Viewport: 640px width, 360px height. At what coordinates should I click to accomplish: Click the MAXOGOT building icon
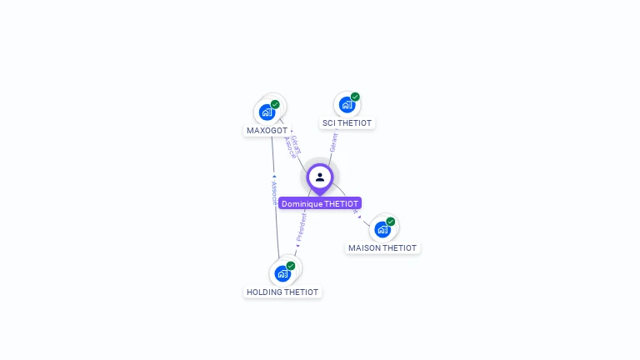(x=267, y=112)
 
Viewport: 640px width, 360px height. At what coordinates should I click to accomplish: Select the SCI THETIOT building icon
(x=347, y=105)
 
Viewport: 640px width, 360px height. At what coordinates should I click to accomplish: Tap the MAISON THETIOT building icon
(x=382, y=229)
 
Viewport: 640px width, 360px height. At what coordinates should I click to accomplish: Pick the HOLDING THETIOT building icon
(x=282, y=273)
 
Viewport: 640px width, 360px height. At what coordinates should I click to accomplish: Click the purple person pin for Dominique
(x=320, y=177)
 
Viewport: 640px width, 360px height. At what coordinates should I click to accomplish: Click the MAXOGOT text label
(x=267, y=131)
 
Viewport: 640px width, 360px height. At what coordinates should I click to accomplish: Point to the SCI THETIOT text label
(x=347, y=123)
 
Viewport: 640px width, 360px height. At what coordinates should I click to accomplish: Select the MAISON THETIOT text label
(x=382, y=248)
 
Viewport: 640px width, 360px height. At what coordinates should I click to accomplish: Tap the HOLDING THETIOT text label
(x=282, y=292)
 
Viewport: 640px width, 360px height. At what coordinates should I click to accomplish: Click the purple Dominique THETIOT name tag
(x=320, y=203)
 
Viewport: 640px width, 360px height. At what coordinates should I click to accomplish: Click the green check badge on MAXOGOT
(x=275, y=104)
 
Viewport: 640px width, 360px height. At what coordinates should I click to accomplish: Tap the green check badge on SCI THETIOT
(x=355, y=97)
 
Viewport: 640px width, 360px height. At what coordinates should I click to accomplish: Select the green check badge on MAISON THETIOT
(x=391, y=222)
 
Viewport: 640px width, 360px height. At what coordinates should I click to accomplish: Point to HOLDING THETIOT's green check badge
(x=291, y=266)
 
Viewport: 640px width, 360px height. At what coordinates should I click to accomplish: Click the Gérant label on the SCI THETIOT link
(x=333, y=142)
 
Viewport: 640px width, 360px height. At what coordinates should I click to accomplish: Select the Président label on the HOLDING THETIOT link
(x=302, y=227)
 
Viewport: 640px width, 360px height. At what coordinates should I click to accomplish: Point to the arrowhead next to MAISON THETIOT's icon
(x=359, y=217)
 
